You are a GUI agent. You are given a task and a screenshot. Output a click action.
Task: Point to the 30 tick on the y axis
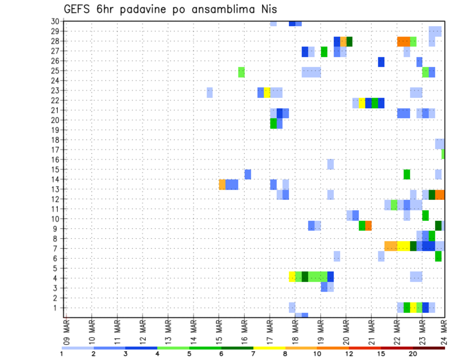[55, 21]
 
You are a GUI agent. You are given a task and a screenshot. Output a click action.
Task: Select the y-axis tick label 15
[55, 169]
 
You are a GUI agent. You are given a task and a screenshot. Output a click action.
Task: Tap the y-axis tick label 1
[56, 308]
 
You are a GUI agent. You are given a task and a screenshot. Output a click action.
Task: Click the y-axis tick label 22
[55, 100]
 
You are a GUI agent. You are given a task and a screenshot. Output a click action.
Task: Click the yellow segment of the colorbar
[269, 348]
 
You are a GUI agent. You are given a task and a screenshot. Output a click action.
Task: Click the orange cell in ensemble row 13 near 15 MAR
[222, 184]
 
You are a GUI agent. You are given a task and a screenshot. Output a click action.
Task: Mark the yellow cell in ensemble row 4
[292, 277]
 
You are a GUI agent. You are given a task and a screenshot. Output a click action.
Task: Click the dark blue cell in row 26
[381, 62]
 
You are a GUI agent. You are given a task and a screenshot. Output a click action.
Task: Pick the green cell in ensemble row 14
[407, 174]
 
